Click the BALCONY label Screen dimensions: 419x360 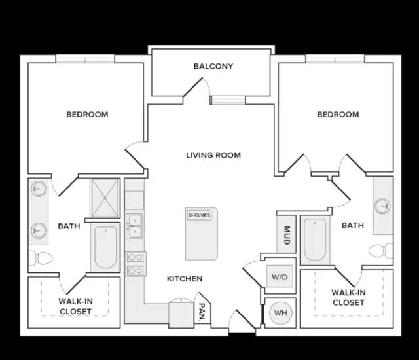[213, 66]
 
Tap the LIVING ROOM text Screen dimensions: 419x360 [213, 155]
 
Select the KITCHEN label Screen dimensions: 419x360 [185, 279]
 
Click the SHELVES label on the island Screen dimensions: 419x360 [199, 215]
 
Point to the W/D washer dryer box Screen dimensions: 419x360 [280, 276]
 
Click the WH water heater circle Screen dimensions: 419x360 [281, 313]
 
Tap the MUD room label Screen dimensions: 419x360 [287, 235]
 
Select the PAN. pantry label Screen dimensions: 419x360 [202, 312]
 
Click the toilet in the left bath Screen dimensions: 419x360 [41, 259]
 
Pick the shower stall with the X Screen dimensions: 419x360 [105, 198]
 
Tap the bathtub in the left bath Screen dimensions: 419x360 [105, 247]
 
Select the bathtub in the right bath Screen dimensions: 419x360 [316, 240]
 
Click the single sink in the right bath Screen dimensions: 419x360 [382, 206]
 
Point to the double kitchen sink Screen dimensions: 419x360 [135, 225]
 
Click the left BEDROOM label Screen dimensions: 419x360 [87, 115]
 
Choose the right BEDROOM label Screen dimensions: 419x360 [338, 115]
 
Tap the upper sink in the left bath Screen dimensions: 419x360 [39, 189]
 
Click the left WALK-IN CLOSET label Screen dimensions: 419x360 [76, 306]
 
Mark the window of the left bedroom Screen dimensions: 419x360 [85, 59]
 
